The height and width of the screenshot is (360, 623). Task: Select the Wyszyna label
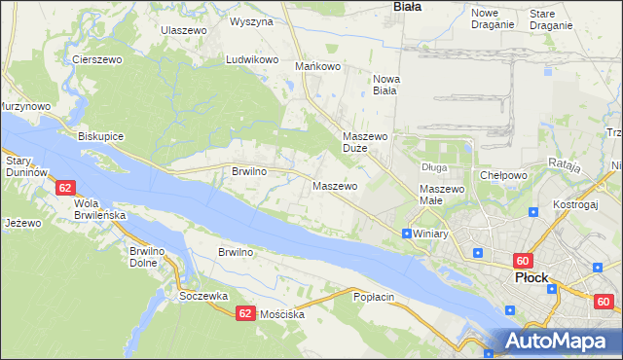pyautogui.click(x=251, y=20)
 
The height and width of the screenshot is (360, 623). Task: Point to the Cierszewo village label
pyautogui.click(x=95, y=59)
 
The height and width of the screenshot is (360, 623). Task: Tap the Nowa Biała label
pyautogui.click(x=385, y=86)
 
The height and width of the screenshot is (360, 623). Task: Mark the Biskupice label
pyautogui.click(x=100, y=136)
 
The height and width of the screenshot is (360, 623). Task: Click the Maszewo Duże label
pyautogui.click(x=366, y=143)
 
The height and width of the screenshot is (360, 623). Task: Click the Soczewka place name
pyautogui.click(x=203, y=295)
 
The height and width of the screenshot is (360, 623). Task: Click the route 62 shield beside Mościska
pyautogui.click(x=244, y=313)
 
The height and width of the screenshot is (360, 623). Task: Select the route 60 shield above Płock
pyautogui.click(x=523, y=261)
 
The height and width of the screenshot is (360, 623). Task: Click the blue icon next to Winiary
pyautogui.click(x=406, y=234)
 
